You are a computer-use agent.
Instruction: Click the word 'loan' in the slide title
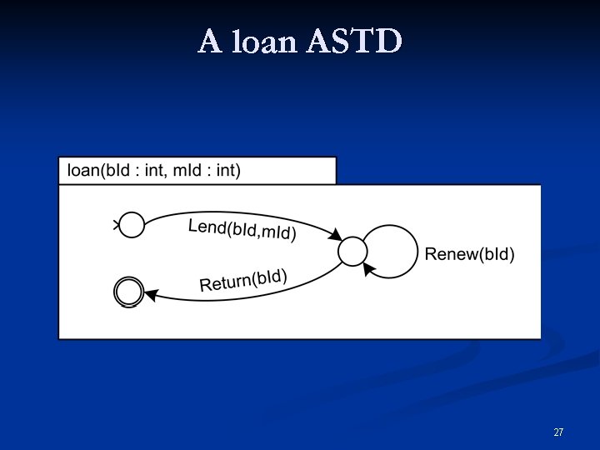(x=264, y=41)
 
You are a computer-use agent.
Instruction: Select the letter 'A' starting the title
(x=210, y=41)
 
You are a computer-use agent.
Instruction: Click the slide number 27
(x=558, y=432)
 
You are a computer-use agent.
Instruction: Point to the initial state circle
(x=132, y=224)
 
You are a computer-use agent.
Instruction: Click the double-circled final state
(x=128, y=292)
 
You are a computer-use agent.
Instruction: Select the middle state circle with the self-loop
(x=353, y=250)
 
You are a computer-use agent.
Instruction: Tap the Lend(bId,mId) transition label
(x=242, y=229)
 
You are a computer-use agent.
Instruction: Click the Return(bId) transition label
(x=243, y=280)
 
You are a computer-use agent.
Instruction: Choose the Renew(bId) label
(x=470, y=254)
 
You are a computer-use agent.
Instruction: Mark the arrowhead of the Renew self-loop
(x=370, y=268)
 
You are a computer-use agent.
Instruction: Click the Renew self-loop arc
(x=414, y=250)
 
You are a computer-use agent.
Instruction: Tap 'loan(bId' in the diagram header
(x=92, y=171)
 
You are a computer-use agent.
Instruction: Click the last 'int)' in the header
(x=228, y=171)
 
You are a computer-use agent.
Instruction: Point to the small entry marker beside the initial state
(x=117, y=223)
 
